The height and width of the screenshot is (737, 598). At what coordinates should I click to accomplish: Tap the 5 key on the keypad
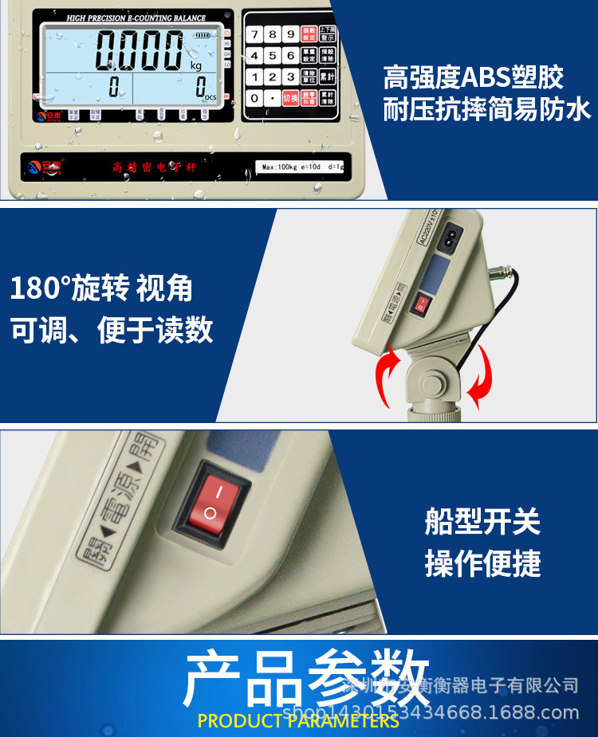(x=272, y=56)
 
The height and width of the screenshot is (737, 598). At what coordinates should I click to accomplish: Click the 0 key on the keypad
(x=254, y=98)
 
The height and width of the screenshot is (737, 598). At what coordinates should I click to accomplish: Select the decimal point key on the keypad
(x=273, y=98)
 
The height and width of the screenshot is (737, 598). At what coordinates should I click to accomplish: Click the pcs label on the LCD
(x=210, y=96)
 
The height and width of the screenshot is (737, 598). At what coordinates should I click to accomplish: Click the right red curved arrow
(x=481, y=380)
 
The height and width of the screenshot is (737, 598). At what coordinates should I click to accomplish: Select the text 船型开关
(x=482, y=522)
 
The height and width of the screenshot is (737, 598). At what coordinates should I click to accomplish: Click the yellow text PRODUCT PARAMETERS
(x=298, y=721)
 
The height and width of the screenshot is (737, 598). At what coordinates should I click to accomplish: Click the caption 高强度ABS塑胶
(x=474, y=77)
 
